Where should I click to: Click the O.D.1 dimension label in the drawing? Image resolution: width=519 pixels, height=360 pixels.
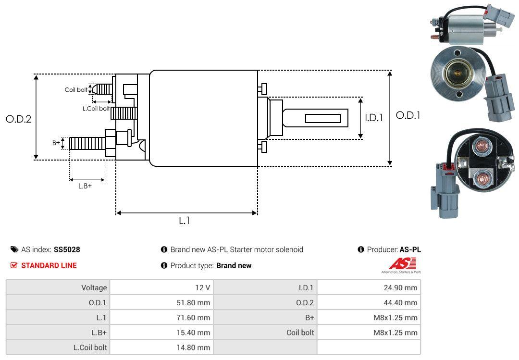click(x=408, y=115)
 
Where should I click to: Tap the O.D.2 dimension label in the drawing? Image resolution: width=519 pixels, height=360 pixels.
click(x=18, y=119)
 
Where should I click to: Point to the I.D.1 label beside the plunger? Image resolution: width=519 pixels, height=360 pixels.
click(x=373, y=117)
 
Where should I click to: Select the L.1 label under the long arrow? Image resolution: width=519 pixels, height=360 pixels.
click(x=185, y=221)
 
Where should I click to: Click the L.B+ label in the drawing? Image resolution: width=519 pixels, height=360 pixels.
click(x=85, y=186)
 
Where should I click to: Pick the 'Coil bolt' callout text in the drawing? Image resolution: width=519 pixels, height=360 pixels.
click(x=76, y=90)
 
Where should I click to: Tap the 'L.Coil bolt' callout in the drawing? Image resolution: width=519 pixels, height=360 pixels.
click(x=96, y=109)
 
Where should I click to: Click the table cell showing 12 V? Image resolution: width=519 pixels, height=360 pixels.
click(x=201, y=288)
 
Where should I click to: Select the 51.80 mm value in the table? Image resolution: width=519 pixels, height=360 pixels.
click(x=194, y=303)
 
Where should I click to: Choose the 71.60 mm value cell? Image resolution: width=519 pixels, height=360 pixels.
click(x=194, y=318)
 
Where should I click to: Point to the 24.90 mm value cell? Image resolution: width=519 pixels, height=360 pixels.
click(x=401, y=288)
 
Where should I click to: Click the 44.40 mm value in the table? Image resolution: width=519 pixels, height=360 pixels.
click(x=401, y=303)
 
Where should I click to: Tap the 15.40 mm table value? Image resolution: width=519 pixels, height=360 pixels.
click(x=194, y=333)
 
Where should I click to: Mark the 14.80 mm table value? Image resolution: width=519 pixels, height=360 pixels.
click(x=194, y=347)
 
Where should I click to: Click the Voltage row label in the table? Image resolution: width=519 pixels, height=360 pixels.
click(x=94, y=288)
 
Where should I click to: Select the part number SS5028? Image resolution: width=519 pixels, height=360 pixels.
click(x=67, y=250)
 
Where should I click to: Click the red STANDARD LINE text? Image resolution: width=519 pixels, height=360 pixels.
click(x=49, y=265)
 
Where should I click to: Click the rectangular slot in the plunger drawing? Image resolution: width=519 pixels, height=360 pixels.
click(x=323, y=118)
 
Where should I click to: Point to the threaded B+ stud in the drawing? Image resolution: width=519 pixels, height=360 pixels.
click(x=87, y=143)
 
